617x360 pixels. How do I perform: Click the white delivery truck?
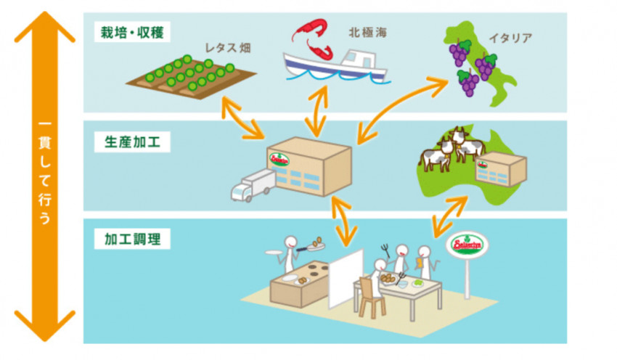[251, 185]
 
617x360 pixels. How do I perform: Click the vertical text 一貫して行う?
[44, 178]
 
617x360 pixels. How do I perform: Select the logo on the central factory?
[279, 159]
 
